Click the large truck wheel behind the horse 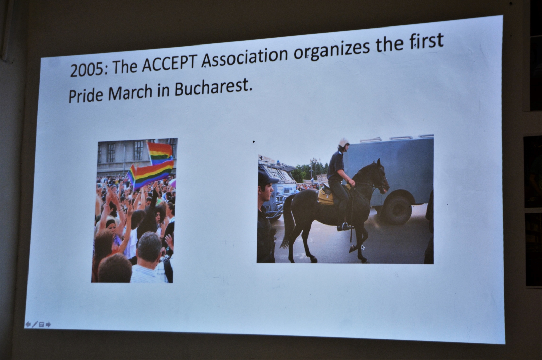coord(397,210)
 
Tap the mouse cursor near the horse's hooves coord(363,247)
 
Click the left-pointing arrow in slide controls coord(28,324)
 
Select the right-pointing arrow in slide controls coord(48,324)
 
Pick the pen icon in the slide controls coord(35,324)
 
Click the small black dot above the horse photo coord(253,141)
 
